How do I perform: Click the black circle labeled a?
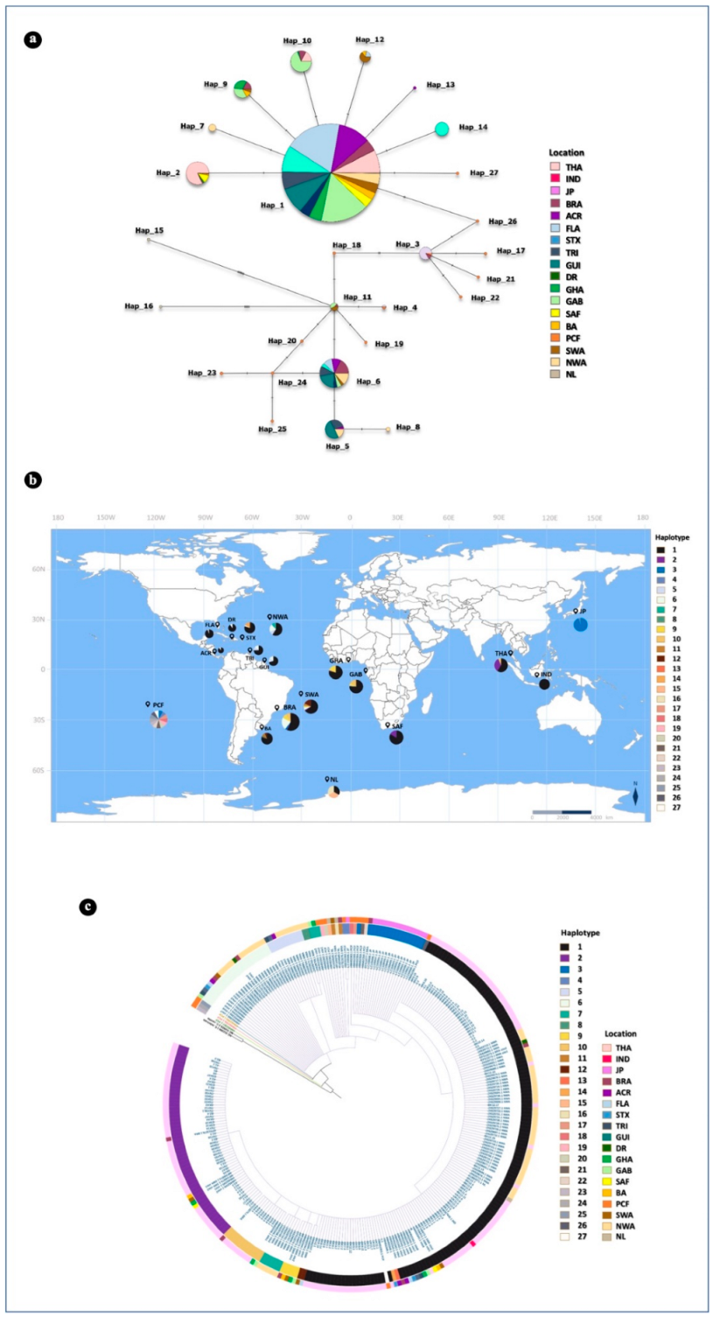pos(34,40)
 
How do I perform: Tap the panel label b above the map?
pos(34,480)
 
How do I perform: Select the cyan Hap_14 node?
pos(442,129)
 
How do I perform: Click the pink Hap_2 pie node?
pos(198,173)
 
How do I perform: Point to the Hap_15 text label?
pos(149,230)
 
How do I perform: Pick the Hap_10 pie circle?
pos(302,61)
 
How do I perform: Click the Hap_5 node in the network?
pos(334,429)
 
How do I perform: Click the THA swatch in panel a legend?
pos(554,166)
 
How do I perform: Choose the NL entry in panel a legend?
pos(554,375)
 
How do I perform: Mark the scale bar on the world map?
pos(563,812)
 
